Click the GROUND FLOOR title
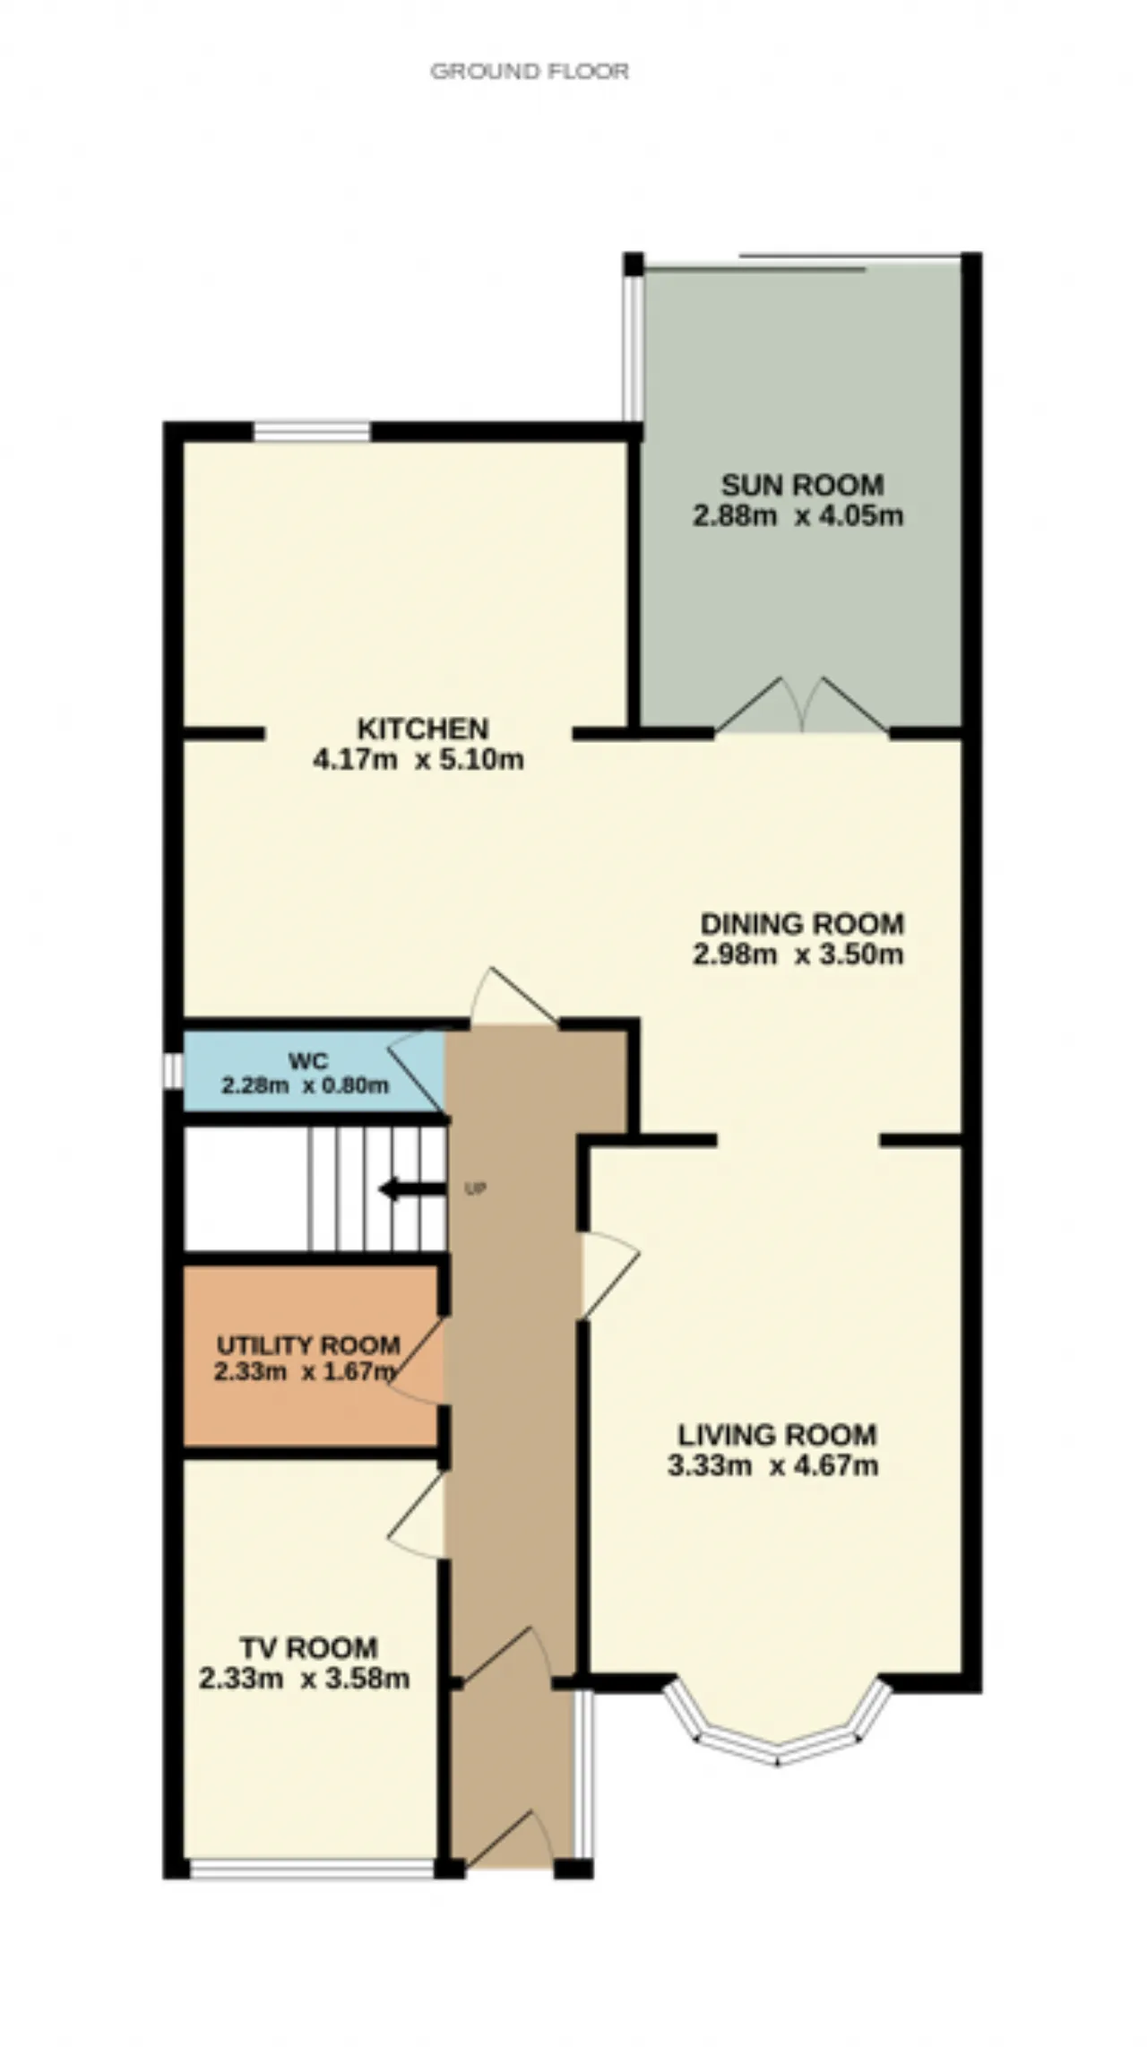coord(530,71)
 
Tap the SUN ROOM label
coord(802,485)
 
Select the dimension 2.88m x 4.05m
coord(798,516)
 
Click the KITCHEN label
coord(423,728)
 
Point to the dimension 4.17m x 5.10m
coord(418,760)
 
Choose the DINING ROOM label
coord(802,923)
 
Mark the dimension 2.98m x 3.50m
coord(798,954)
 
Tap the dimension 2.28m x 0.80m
coord(305,1085)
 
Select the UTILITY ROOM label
coord(308,1345)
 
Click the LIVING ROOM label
coord(777,1435)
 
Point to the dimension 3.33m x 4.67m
coord(772,1466)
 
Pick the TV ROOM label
coord(308,1647)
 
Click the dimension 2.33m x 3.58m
coord(304,1679)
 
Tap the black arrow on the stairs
coord(412,1190)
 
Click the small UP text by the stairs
coord(475,1190)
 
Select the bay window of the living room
coord(778,1740)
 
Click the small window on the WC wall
coord(172,1071)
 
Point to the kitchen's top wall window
coord(312,431)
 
